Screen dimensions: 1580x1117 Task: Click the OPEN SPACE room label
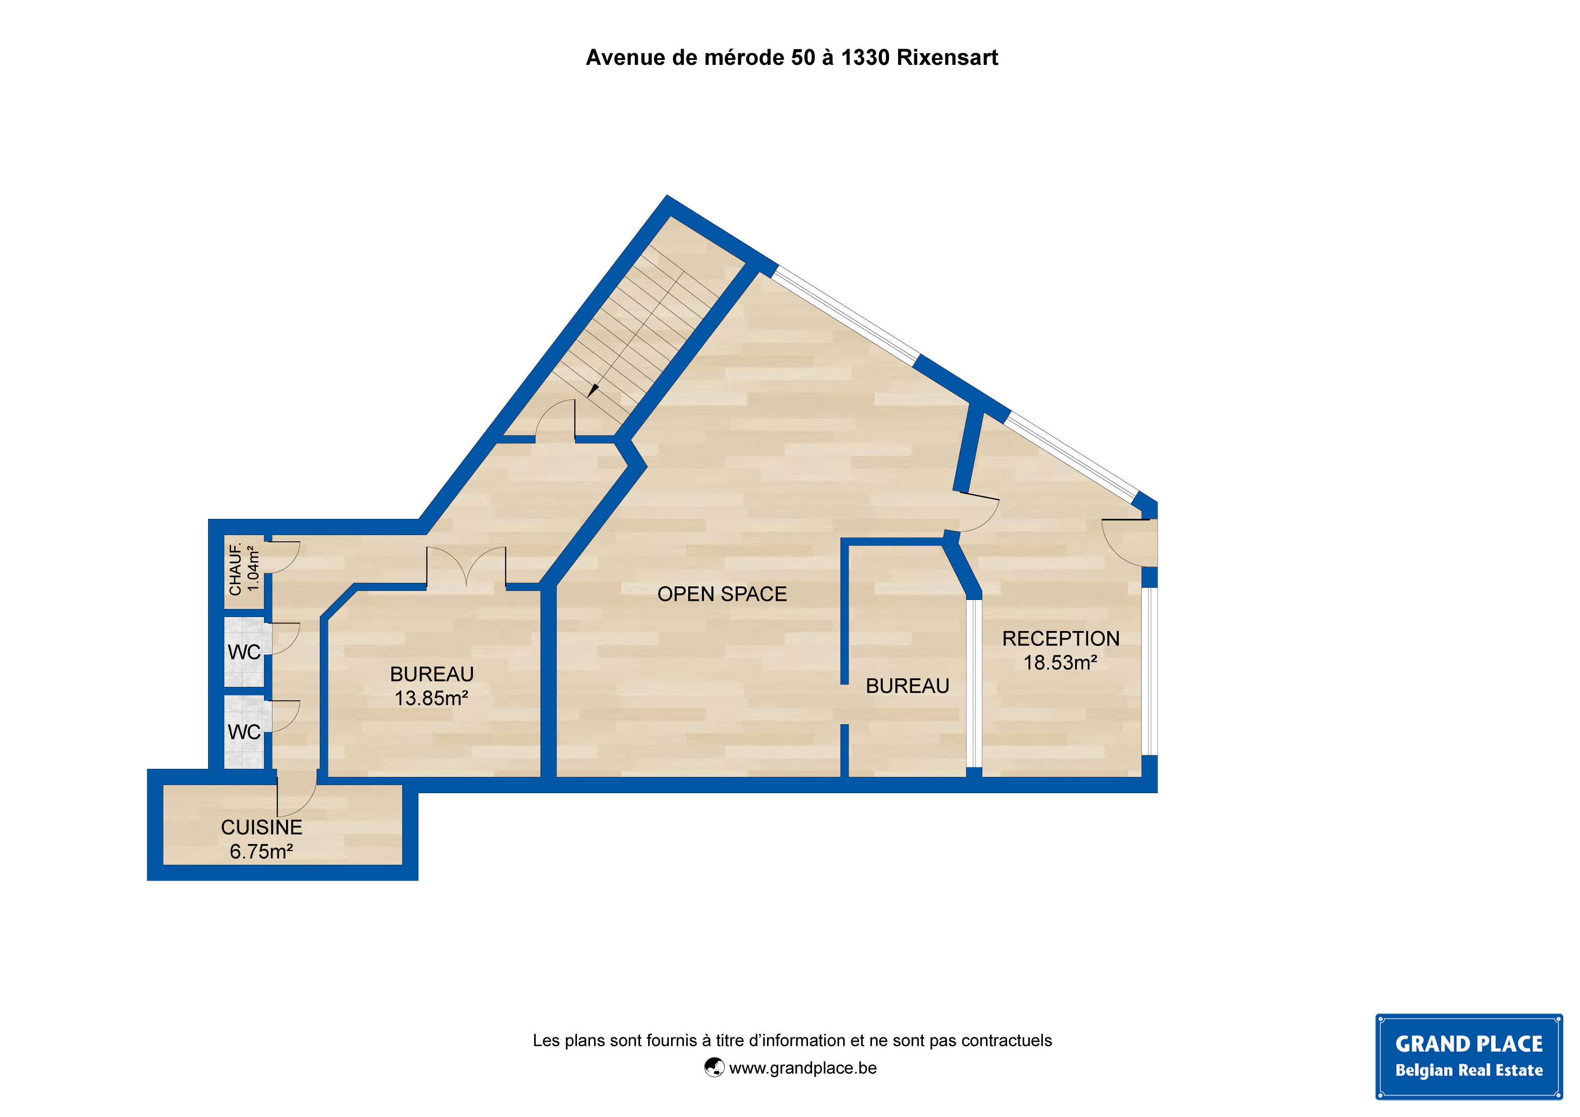(x=722, y=594)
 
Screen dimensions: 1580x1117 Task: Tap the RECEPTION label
(x=1060, y=639)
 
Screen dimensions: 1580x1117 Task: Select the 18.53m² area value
(x=1060, y=663)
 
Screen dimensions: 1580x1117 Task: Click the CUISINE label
(x=262, y=827)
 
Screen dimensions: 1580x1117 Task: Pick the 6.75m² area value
(x=262, y=851)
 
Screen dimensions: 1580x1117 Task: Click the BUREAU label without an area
(x=907, y=686)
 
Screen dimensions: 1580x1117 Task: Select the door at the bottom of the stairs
(x=554, y=420)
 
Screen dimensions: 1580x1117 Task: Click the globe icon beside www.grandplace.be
(x=714, y=1067)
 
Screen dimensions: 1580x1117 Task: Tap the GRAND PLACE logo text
(x=1468, y=1044)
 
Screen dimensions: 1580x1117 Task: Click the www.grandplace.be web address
(x=803, y=1068)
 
